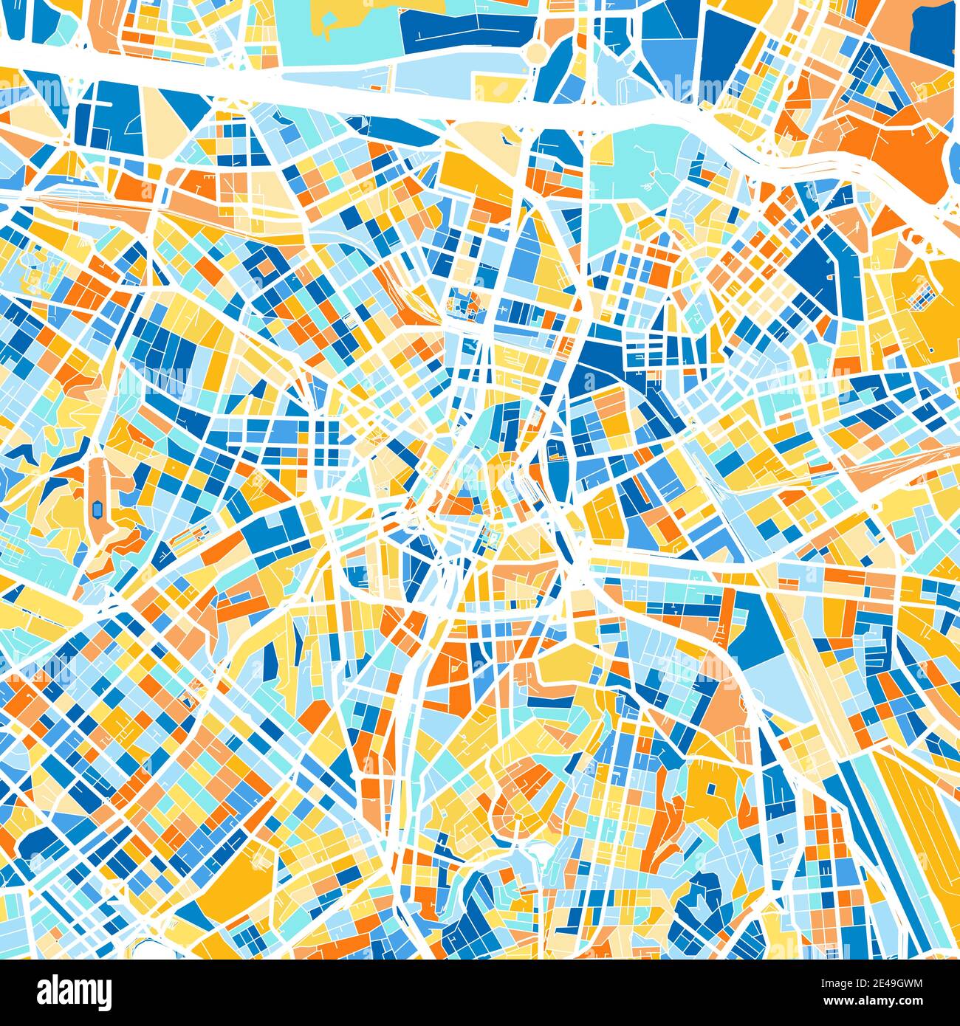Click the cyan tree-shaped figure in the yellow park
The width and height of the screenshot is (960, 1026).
[326, 23]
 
